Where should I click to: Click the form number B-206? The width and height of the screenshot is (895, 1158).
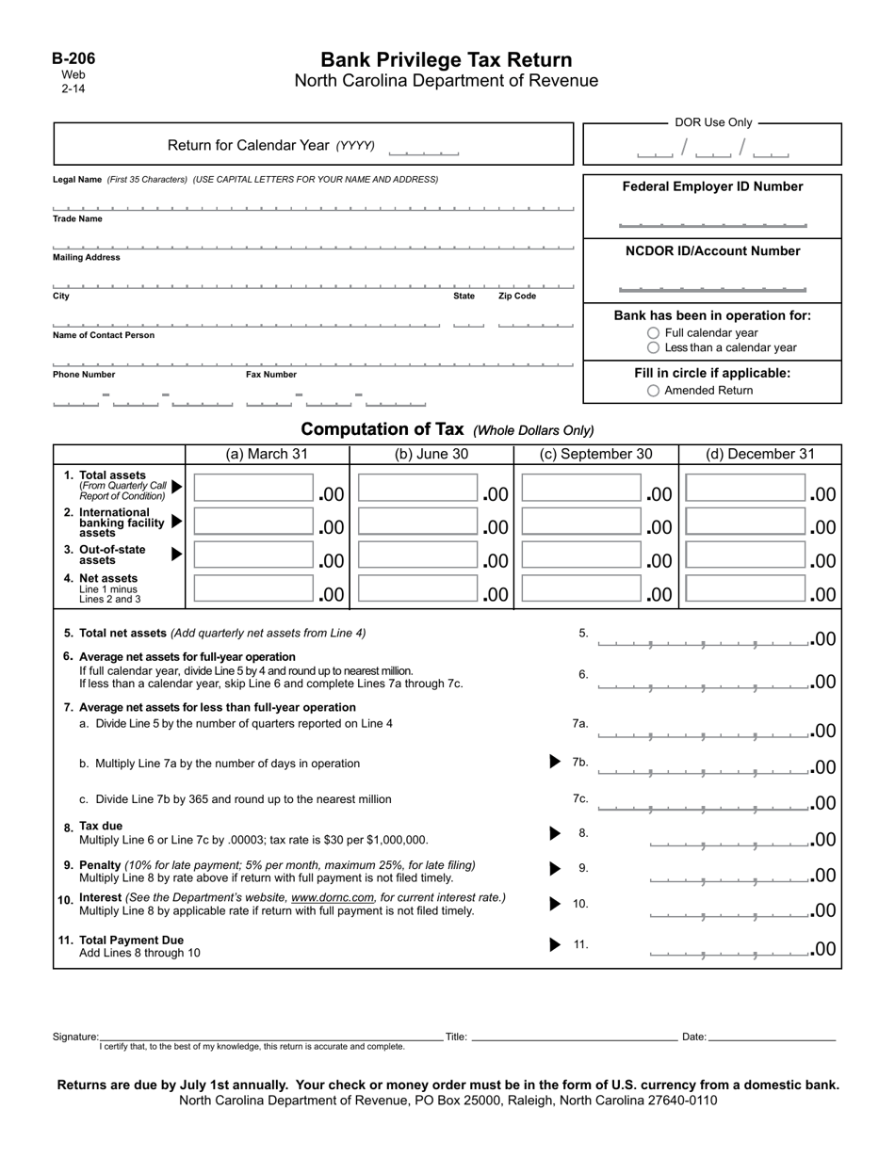[x=73, y=58]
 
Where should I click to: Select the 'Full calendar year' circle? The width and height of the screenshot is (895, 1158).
[x=654, y=333]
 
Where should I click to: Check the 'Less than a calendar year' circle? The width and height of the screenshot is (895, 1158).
[x=654, y=347]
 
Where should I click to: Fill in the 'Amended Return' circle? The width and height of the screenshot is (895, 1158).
[x=654, y=391]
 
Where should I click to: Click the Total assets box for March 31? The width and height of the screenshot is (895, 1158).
[x=253, y=489]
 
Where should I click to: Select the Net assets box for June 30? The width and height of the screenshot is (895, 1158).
[x=417, y=589]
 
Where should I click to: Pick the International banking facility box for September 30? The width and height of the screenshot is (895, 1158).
[x=581, y=523]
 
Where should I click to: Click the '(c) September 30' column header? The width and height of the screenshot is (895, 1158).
[x=595, y=454]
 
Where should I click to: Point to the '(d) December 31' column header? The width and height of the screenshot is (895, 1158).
[x=760, y=454]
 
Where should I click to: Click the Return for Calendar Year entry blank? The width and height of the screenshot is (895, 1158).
[x=423, y=148]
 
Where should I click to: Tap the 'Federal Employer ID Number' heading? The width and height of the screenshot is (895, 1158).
[x=712, y=186]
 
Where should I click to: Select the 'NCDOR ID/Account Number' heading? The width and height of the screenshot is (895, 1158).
[x=712, y=251]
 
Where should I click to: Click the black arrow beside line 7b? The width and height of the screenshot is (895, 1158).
[x=555, y=762]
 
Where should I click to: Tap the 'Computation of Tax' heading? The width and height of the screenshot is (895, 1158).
[x=382, y=429]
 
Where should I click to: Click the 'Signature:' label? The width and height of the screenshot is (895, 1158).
[x=75, y=1037]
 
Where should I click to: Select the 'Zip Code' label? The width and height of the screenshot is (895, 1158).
[x=517, y=296]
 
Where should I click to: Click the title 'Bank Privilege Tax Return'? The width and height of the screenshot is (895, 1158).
[x=446, y=60]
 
